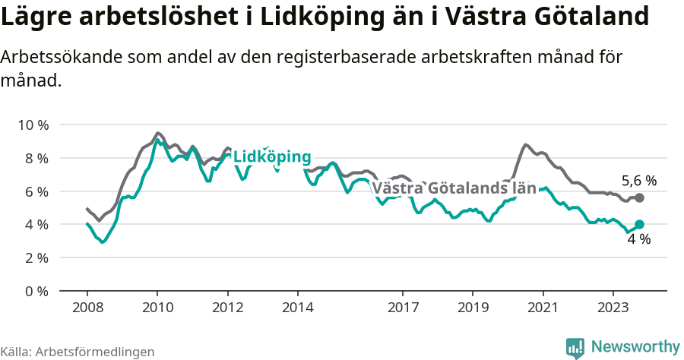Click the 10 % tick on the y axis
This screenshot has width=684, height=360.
[x=32, y=125]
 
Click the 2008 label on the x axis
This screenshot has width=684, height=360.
[x=87, y=308]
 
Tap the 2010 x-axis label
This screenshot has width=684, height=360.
[x=157, y=308]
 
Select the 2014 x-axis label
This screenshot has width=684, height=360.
[x=297, y=308]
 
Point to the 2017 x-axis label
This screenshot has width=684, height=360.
[x=403, y=308]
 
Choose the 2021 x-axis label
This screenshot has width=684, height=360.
[x=543, y=308]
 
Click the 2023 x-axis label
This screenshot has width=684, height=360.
[x=613, y=308]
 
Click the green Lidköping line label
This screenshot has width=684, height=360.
[x=271, y=157]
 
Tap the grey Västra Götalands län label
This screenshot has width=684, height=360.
[x=454, y=188]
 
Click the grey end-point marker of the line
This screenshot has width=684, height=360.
[x=639, y=197]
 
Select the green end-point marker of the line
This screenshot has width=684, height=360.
[x=639, y=224]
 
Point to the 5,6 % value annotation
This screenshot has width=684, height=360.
[x=638, y=181]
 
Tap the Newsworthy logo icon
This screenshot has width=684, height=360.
[x=575, y=348]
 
